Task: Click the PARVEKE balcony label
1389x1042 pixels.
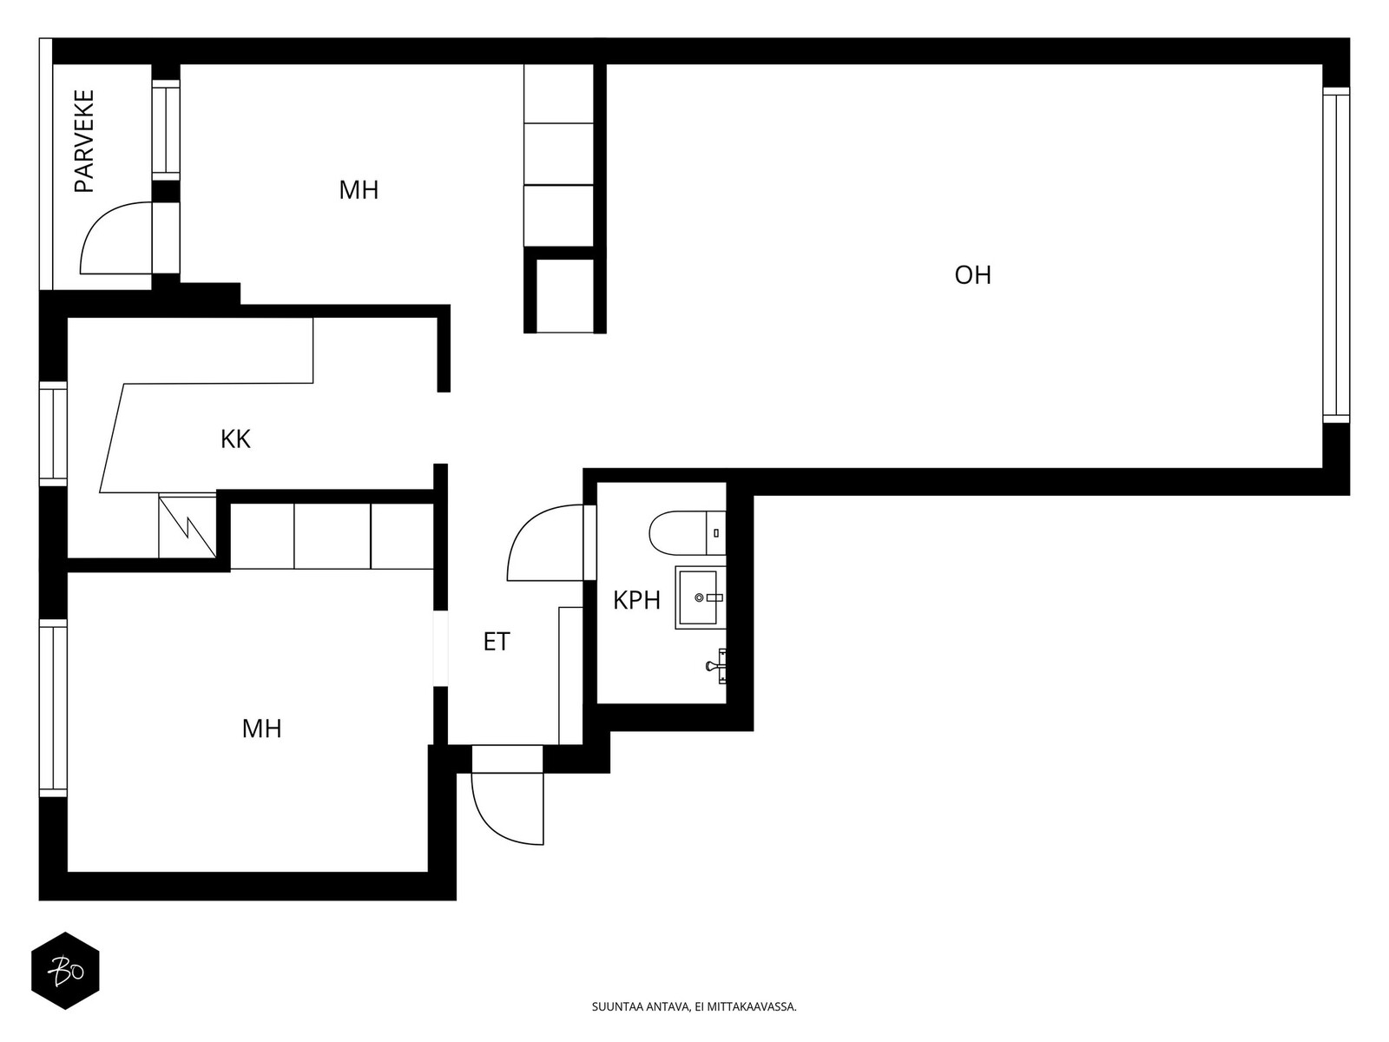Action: click(84, 141)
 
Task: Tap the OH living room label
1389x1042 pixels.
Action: click(972, 275)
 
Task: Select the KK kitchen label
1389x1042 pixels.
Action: click(235, 439)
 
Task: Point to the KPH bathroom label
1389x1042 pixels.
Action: click(636, 600)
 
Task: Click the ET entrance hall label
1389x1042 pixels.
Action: click(497, 643)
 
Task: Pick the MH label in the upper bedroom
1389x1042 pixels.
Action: click(359, 190)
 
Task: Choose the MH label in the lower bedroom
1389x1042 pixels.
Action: click(262, 729)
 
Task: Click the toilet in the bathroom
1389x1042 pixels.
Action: click(688, 532)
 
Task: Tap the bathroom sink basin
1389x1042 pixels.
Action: click(698, 597)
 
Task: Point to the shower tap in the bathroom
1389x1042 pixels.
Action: click(718, 665)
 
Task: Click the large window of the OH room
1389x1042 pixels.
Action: click(1336, 255)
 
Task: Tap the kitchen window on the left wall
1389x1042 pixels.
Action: click(53, 434)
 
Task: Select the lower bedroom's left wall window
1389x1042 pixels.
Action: click(53, 708)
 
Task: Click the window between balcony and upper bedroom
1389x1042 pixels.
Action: click(166, 129)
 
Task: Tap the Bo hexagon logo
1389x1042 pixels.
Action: click(66, 971)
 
